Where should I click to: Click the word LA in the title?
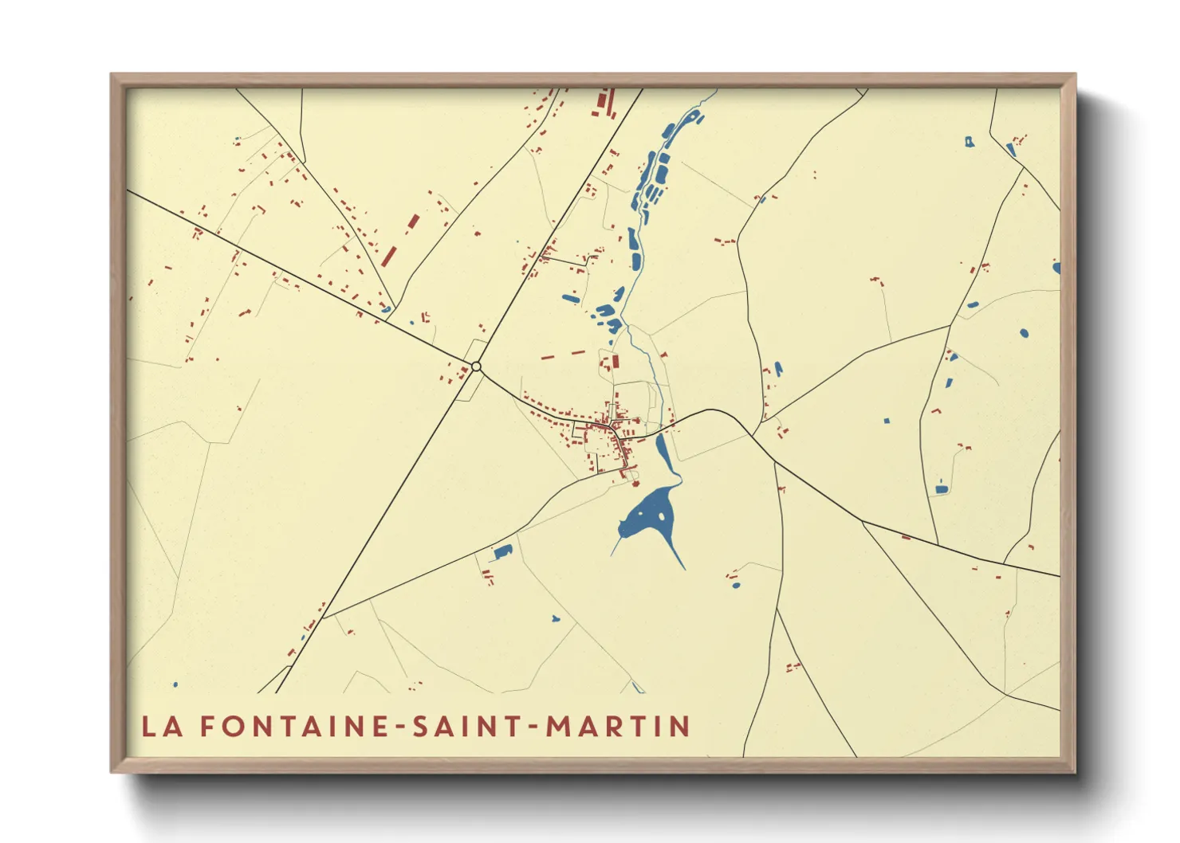point(161,726)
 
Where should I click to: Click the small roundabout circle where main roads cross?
point(476,367)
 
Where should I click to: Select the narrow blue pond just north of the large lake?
point(663,452)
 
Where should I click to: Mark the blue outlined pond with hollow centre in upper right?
point(969,142)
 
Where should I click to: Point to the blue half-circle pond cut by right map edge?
point(1056,268)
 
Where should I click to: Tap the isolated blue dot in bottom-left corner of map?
point(175,684)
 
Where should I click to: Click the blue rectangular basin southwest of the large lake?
point(502,551)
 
